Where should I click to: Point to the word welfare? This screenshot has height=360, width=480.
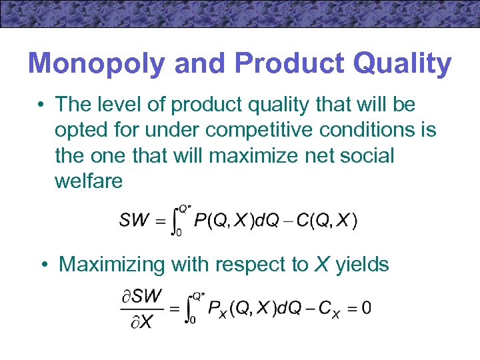tap(89, 181)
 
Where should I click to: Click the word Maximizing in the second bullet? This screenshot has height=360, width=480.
tap(111, 264)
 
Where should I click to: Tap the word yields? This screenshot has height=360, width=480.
tap(362, 264)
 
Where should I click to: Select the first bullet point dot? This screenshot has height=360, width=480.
tap(41, 105)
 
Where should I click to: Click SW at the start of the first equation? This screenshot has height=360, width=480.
tap(135, 221)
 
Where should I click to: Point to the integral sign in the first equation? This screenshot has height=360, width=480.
tap(175, 220)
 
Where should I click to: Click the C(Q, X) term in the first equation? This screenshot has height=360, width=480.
tap(327, 221)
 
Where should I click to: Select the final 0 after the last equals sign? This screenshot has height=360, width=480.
tap(366, 309)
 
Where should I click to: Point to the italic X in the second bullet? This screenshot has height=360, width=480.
tap(322, 264)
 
